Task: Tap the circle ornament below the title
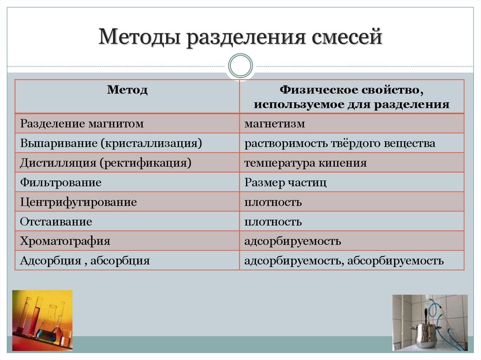tap(240, 65)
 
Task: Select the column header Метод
tap(127, 90)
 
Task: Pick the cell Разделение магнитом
tap(82, 124)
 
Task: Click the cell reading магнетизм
tap(274, 124)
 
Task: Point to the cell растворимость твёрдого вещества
tap(339, 143)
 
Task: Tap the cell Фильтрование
tap(61, 183)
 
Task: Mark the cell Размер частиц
tap(285, 183)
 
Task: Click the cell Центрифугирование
tap(78, 202)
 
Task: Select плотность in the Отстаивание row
tap(273, 222)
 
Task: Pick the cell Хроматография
tap(65, 241)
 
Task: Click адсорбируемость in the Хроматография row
tap(292, 241)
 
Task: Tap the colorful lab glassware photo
tap(42, 320)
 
